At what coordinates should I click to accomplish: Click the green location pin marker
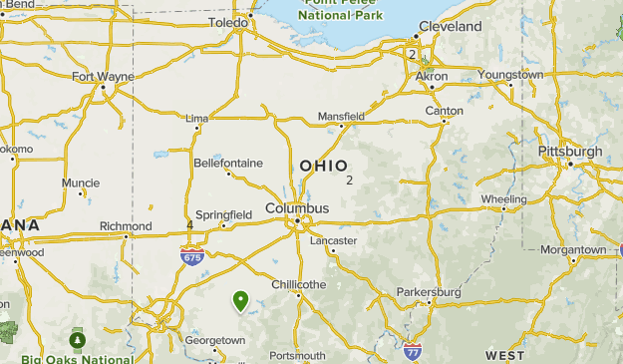240,299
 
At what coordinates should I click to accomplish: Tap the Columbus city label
296,208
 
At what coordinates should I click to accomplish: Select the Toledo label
227,22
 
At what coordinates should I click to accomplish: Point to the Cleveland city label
450,26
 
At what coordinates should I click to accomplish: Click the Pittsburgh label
570,152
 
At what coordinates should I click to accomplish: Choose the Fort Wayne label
101,76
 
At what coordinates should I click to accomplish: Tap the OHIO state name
324,166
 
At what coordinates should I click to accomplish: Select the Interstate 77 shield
413,351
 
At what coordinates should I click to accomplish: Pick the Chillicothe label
299,284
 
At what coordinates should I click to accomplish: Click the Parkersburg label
426,292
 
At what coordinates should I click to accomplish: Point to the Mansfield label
341,117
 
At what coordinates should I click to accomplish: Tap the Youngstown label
510,75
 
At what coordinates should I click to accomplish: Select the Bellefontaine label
228,163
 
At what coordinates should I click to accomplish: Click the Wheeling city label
503,199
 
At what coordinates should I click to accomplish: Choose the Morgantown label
573,249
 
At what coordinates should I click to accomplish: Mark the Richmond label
126,226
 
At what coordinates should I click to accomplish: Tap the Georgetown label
214,340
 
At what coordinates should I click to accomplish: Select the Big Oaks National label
77,359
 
